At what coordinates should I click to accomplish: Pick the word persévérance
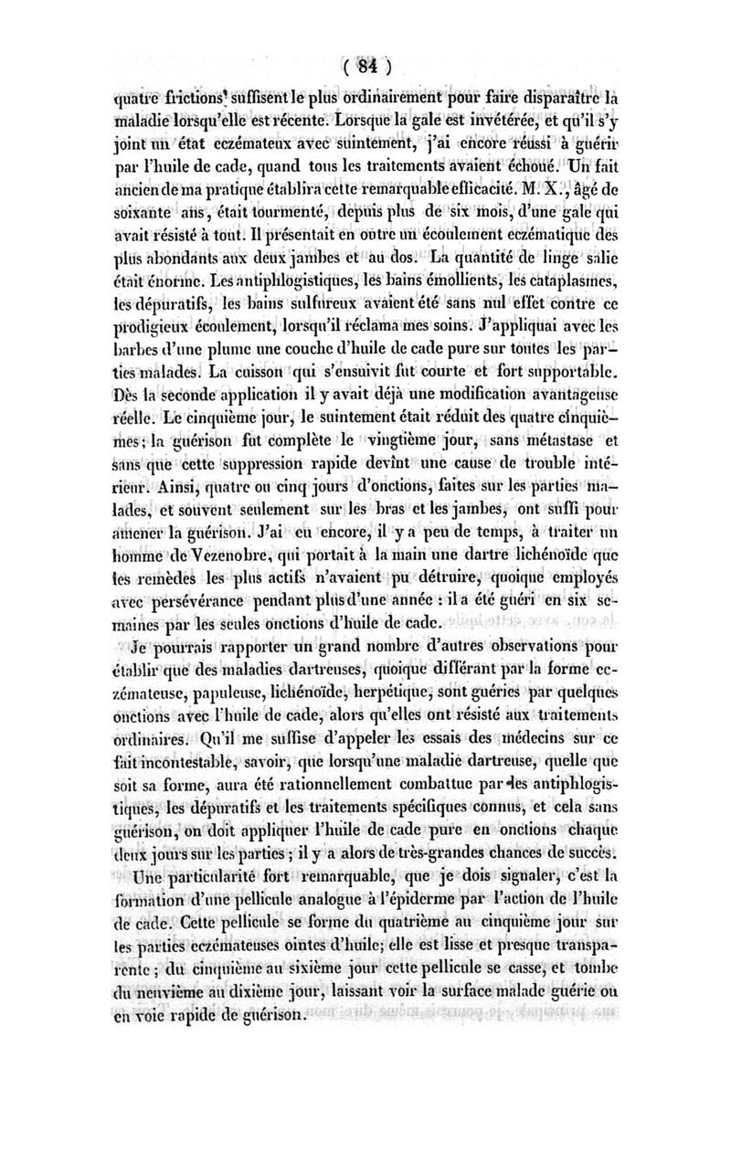point(205,603)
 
